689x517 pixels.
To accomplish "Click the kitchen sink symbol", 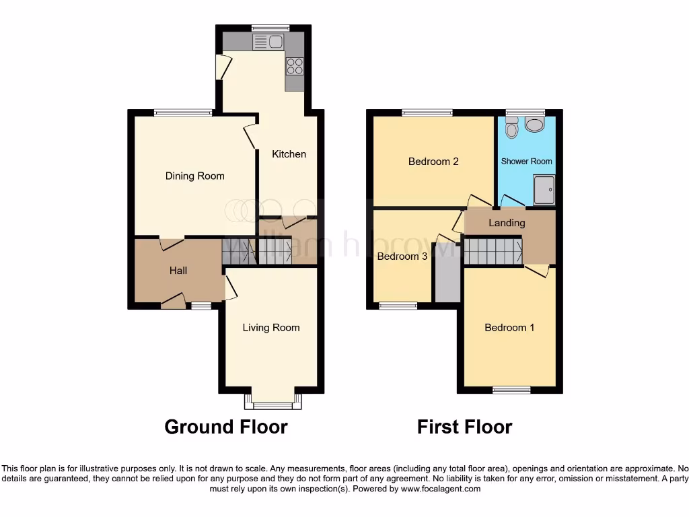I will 268,43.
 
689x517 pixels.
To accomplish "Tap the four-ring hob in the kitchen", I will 295,66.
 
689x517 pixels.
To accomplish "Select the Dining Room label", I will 195,176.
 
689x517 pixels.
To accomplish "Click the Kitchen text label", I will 289,154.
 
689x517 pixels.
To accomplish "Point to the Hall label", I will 178,271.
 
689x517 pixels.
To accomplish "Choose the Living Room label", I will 271,328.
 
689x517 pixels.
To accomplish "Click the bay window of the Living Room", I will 273,403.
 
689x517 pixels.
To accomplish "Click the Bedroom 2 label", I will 433,162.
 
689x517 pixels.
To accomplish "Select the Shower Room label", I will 527,162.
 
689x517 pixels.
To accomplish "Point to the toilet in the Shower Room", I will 512,128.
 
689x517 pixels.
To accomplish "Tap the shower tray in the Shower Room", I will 544,190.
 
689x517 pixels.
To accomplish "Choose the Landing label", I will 507,223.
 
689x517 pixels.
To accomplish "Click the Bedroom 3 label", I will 402,256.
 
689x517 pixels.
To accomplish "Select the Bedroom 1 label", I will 509,328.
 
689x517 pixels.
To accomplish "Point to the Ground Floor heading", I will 226,427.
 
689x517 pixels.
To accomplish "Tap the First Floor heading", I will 464,427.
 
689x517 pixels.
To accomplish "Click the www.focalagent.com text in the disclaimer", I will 440,489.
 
